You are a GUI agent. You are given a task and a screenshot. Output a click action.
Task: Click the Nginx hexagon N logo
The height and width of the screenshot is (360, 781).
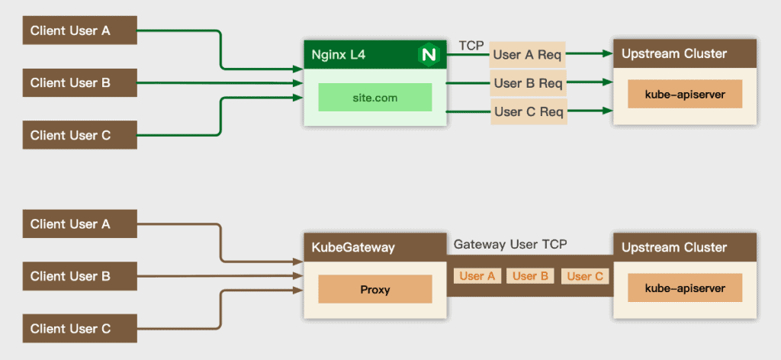pyautogui.click(x=429, y=54)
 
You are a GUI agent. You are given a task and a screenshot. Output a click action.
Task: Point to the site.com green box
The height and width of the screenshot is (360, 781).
pyautogui.click(x=374, y=98)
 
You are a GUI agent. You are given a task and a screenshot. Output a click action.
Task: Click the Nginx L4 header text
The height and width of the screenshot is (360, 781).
pyautogui.click(x=339, y=55)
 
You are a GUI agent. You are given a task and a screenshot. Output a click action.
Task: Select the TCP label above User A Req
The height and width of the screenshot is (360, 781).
pyautogui.click(x=471, y=46)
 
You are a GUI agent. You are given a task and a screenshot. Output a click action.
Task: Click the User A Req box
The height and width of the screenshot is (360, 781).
pyautogui.click(x=528, y=55)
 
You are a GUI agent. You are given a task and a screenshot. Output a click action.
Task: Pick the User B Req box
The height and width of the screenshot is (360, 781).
pyautogui.click(x=528, y=83)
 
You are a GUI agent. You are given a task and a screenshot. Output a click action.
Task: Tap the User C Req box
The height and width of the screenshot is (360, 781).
pyautogui.click(x=529, y=112)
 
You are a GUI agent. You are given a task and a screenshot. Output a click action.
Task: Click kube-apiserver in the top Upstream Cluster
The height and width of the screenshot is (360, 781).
pyautogui.click(x=684, y=94)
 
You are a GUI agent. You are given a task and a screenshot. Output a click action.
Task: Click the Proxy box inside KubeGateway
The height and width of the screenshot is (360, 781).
pyautogui.click(x=374, y=290)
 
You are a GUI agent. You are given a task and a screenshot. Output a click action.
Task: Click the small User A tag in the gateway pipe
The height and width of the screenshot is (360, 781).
pyautogui.click(x=477, y=276)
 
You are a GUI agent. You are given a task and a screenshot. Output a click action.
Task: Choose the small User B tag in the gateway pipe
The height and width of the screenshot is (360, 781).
pyautogui.click(x=530, y=276)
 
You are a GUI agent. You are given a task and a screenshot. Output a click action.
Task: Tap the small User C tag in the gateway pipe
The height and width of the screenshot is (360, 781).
pyautogui.click(x=584, y=276)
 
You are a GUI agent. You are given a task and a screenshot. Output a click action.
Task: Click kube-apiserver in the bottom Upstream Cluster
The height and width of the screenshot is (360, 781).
pyautogui.click(x=684, y=289)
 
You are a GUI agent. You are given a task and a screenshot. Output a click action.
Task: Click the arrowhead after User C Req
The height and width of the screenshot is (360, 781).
pyautogui.click(x=608, y=111)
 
